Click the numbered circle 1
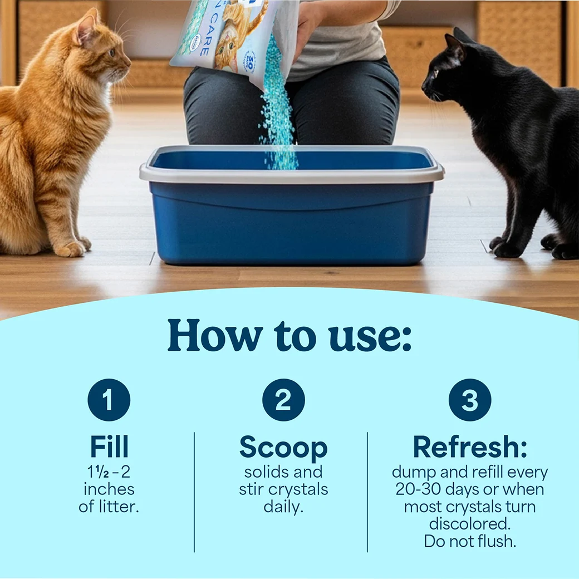(x=109, y=400)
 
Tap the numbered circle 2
(x=283, y=400)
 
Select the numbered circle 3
(x=470, y=400)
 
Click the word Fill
(x=109, y=447)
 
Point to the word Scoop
(x=283, y=447)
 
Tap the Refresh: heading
(x=470, y=447)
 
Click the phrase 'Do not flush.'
(x=470, y=541)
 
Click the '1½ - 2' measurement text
(x=109, y=472)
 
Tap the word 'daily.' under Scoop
(x=283, y=507)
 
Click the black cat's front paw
(x=507, y=249)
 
